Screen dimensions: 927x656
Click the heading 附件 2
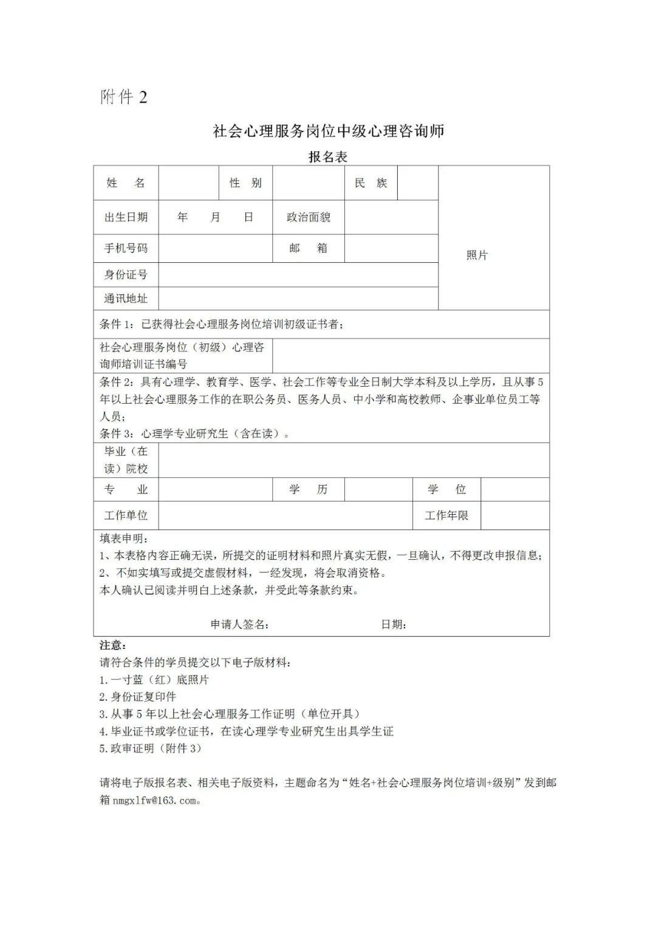coord(124,97)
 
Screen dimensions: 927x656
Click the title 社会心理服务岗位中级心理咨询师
coord(328,131)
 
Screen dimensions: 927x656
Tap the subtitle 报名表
coord(328,157)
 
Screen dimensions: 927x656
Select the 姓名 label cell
coord(126,183)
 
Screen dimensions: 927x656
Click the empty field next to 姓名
coord(188,183)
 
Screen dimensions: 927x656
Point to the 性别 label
coord(245,183)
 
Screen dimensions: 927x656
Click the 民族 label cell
coord(371,183)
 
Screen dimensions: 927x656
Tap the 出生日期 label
coord(126,217)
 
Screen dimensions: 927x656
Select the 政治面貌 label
coord(308,217)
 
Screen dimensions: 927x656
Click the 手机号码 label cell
coord(126,248)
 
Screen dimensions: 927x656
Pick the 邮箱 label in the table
coord(308,248)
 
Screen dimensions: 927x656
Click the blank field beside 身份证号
coord(298,274)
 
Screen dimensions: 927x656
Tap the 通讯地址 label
coord(126,298)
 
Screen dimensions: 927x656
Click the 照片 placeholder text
coord(477,255)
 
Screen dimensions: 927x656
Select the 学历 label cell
coord(308,489)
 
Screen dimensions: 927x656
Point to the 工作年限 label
coord(446,515)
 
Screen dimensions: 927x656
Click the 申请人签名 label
coord(240,624)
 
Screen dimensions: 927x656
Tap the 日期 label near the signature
coord(394,624)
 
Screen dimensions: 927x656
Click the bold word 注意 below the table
coord(113,645)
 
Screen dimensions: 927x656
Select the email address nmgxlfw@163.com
coord(154,800)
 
